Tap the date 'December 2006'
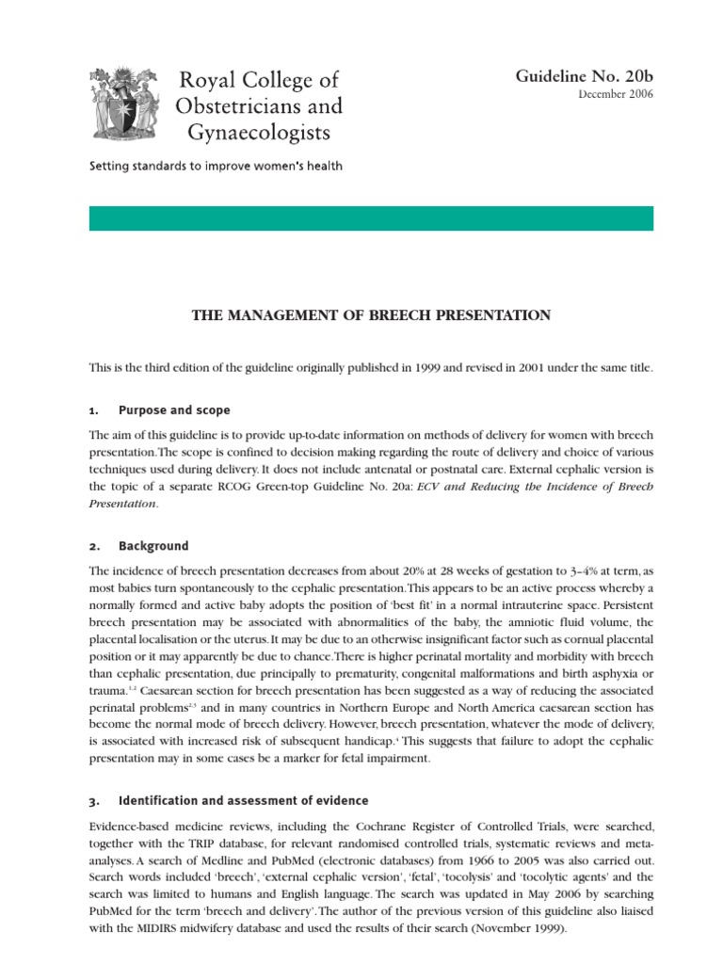coord(617,94)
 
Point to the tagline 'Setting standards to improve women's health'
coord(216,167)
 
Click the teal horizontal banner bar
coord(371,218)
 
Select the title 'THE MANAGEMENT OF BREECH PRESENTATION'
coord(371,315)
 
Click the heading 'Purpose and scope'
coord(174,410)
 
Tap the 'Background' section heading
coord(153,546)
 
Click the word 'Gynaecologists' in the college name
coord(259,131)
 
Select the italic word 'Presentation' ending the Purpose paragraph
coord(122,504)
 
